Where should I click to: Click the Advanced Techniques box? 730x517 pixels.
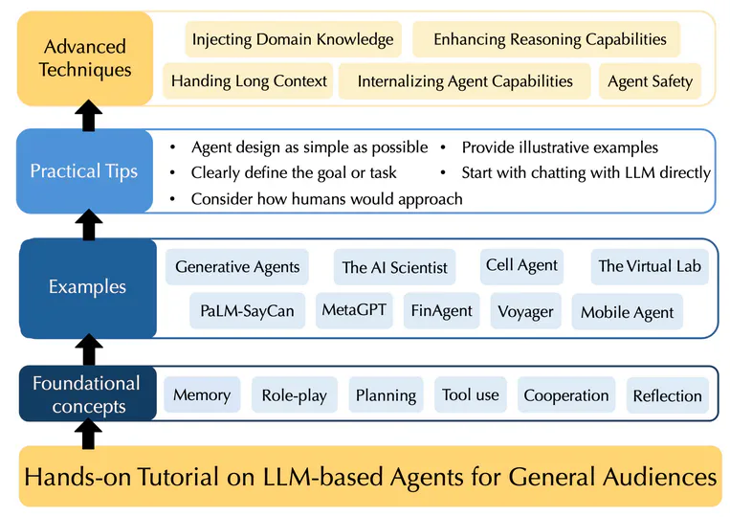point(85,57)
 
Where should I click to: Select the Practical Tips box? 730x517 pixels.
point(84,171)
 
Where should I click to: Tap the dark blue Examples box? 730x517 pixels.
point(87,287)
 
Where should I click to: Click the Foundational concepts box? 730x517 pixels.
point(86,394)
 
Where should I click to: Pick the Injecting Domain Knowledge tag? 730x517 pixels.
point(292,39)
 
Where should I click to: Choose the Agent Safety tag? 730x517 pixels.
point(650,80)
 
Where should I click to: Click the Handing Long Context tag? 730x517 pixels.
point(249,81)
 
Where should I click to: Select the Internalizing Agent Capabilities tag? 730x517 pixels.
point(465,81)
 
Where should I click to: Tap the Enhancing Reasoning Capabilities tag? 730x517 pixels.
point(549,39)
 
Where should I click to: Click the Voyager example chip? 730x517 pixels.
point(525,311)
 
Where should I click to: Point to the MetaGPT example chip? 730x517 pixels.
point(354,310)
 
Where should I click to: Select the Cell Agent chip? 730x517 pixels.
point(521,265)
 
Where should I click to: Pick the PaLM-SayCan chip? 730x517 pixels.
point(247,311)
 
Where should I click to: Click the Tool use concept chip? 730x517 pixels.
point(470,394)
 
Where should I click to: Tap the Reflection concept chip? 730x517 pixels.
point(667,395)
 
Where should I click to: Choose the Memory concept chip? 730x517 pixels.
point(202,394)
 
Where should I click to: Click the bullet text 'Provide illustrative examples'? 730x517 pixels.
point(560,147)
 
